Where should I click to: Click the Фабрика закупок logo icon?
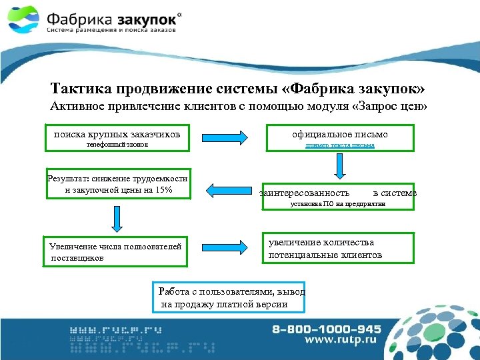pyautogui.click(x=24, y=21)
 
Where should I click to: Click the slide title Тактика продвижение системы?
pyautogui.click(x=237, y=89)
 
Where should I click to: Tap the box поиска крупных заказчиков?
pyautogui.click(x=117, y=133)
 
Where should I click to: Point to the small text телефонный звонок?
pyautogui.click(x=117, y=145)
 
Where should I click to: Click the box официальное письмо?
pyautogui.click(x=339, y=135)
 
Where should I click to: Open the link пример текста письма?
pyautogui.click(x=339, y=145)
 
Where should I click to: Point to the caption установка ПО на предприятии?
pyautogui.click(x=338, y=205)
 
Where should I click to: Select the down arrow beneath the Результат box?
pyautogui.click(x=117, y=218)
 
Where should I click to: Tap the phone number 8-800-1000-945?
pyautogui.click(x=327, y=329)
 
